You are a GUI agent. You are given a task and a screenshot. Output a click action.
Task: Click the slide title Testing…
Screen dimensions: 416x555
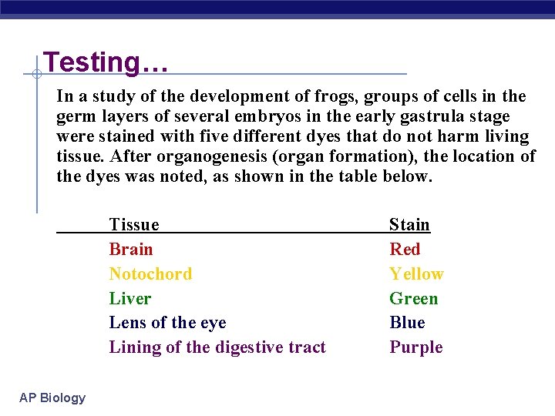[106, 62]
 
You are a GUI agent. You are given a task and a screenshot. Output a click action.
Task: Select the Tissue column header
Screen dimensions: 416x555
[134, 225]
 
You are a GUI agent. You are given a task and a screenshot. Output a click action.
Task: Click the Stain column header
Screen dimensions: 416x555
[409, 225]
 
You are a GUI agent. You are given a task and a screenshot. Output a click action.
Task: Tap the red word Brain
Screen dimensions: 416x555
[131, 250]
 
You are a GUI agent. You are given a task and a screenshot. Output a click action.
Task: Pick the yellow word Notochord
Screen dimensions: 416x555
[150, 274]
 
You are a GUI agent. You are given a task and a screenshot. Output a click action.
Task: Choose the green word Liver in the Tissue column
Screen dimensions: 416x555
[129, 299]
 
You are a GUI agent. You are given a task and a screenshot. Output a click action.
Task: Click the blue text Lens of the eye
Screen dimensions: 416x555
[167, 323]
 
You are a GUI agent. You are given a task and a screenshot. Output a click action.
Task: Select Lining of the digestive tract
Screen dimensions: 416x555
[217, 347]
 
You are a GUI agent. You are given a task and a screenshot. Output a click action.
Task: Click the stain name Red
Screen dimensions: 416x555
[405, 250]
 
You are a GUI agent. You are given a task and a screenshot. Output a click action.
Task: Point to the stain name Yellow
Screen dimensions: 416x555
[416, 274]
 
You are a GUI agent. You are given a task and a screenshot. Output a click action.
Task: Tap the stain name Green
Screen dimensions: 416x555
[413, 299]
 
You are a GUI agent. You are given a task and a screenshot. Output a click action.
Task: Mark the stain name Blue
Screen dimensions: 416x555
[407, 323]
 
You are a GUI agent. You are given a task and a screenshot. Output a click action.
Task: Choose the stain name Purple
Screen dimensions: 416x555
[415, 347]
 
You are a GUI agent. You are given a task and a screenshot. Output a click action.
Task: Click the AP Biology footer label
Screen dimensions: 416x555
[52, 398]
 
